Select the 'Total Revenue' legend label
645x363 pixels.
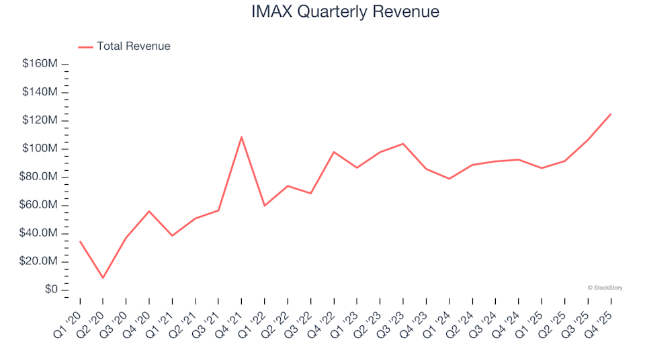[x=133, y=46]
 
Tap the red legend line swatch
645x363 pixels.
[x=85, y=46]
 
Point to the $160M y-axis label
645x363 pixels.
[x=41, y=64]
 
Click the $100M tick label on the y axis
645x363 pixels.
[x=41, y=149]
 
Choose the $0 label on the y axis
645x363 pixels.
[x=51, y=290]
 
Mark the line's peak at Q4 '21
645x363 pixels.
[x=241, y=137]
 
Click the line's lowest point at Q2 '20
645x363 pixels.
[x=103, y=278]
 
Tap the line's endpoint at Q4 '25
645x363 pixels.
[x=610, y=114]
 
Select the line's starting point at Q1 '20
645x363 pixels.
[x=80, y=241]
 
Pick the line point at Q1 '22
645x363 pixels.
[x=265, y=206]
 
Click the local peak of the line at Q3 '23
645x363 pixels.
[x=403, y=144]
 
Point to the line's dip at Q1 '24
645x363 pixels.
[x=449, y=179]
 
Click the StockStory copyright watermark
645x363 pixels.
[x=605, y=288]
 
